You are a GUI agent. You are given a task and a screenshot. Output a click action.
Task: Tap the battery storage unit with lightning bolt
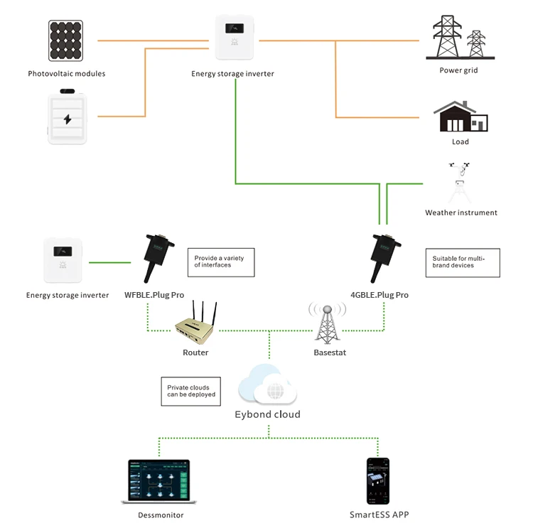tap(68, 117)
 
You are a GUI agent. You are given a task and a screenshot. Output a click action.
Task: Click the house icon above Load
tap(461, 117)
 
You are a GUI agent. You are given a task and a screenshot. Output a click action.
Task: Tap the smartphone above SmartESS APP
tap(378, 481)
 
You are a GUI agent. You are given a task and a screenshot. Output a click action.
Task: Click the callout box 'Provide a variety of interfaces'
tap(220, 262)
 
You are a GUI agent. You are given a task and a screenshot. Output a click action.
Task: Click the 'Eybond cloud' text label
tap(267, 414)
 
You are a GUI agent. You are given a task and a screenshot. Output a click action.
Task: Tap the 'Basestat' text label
tap(330, 352)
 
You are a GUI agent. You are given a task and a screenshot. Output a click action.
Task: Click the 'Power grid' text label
tap(458, 71)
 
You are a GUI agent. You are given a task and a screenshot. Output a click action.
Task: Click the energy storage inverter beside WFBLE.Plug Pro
tap(66, 260)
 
